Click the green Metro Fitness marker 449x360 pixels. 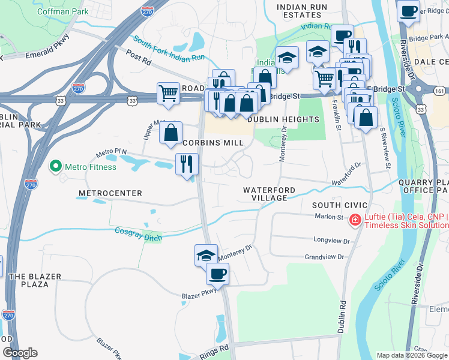coord(56,166)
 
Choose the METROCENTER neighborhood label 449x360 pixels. coord(110,193)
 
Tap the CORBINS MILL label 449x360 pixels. coord(213,143)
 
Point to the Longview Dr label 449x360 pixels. coord(331,240)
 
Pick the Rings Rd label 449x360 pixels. coord(215,347)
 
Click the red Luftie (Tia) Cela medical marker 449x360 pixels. coord(355,220)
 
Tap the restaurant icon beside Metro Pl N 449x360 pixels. coord(187,163)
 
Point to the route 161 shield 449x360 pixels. coord(439,91)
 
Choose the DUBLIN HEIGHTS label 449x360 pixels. coord(283,119)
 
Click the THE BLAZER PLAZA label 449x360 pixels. coord(28,280)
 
